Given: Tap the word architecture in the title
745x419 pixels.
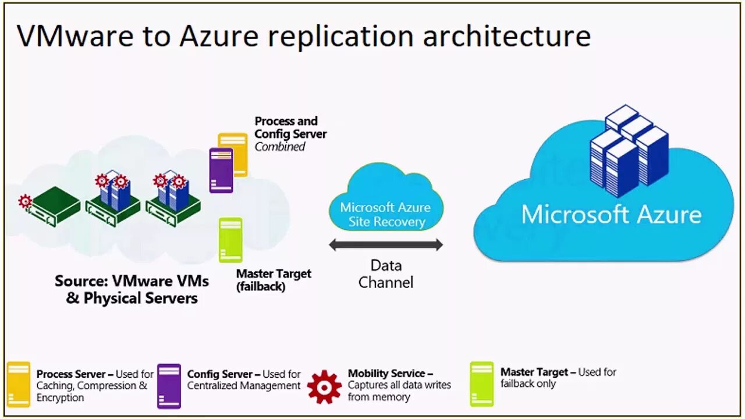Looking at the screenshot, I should click(506, 36).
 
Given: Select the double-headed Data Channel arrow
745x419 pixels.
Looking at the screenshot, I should click(386, 245).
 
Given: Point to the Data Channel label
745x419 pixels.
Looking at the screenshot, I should click(386, 274).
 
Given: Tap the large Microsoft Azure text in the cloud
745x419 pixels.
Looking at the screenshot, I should click(611, 214).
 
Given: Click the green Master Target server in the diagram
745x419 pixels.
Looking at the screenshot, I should click(230, 240).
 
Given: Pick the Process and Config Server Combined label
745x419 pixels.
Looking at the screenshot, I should click(290, 134).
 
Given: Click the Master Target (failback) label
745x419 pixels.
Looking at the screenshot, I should click(273, 279).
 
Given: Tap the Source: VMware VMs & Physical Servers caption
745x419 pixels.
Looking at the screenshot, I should click(132, 289).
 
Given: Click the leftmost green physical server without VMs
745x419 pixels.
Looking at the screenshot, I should click(55, 207).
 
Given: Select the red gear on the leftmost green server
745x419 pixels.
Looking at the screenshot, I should click(25, 201).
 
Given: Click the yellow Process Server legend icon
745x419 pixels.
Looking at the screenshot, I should click(19, 384).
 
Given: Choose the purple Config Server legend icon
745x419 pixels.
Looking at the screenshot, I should click(169, 386).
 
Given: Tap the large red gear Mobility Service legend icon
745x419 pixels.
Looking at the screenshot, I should click(324, 386).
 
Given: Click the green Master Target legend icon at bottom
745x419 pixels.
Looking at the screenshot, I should click(482, 384).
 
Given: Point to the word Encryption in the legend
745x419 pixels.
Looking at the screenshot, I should click(60, 398).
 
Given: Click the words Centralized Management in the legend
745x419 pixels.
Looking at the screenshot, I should click(244, 385).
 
